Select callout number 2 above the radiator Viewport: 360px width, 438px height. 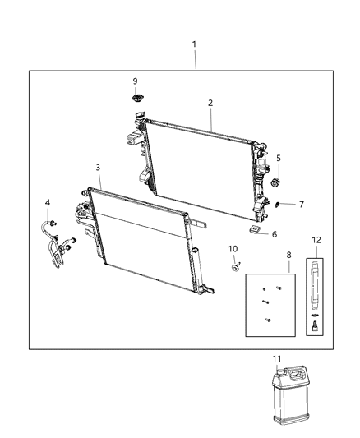pyautogui.click(x=210, y=103)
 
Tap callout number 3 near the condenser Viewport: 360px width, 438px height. pyautogui.click(x=98, y=168)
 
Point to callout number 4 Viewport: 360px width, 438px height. pyautogui.click(x=47, y=202)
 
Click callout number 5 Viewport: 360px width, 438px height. pyautogui.click(x=279, y=158)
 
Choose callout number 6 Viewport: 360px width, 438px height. pyautogui.click(x=275, y=234)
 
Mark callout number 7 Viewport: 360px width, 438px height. pyautogui.click(x=302, y=205)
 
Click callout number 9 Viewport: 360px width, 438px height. pyautogui.click(x=135, y=81)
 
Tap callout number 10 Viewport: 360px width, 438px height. pyautogui.click(x=233, y=248)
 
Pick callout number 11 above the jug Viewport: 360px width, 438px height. pyautogui.click(x=276, y=359)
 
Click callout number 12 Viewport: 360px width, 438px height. pyautogui.click(x=316, y=240)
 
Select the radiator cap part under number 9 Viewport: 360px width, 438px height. pyautogui.click(x=135, y=99)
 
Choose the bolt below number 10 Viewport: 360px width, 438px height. pyautogui.click(x=235, y=265)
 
